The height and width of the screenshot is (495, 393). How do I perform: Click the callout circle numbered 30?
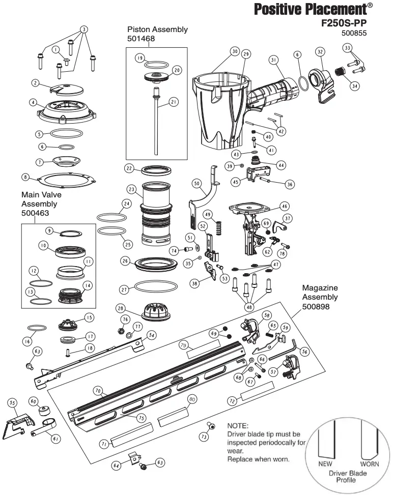click(x=234, y=51)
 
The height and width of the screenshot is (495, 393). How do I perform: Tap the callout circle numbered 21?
click(x=174, y=102)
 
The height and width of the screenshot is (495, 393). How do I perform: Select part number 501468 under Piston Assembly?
click(x=142, y=38)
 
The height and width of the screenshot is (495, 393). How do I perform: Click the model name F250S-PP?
click(x=344, y=23)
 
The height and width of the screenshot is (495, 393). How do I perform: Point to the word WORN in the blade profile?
click(x=370, y=464)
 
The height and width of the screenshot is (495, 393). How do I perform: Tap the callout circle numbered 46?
click(x=284, y=206)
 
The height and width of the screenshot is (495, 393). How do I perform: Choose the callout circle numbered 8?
click(x=25, y=177)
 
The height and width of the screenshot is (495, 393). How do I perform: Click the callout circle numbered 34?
click(x=354, y=86)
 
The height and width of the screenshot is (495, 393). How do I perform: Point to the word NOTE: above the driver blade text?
click(x=238, y=425)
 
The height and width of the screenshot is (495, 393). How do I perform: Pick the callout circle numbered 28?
click(x=120, y=308)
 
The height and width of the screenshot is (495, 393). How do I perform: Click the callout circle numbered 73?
click(x=204, y=436)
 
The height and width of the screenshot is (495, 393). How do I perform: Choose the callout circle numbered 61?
click(x=56, y=438)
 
